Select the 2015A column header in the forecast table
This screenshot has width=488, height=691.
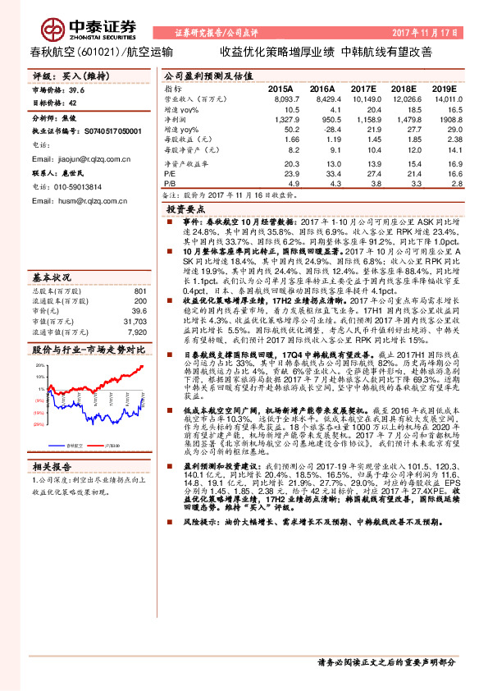(280, 87)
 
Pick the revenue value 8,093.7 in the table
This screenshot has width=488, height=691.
(279, 98)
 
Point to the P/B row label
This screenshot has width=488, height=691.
(171, 185)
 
